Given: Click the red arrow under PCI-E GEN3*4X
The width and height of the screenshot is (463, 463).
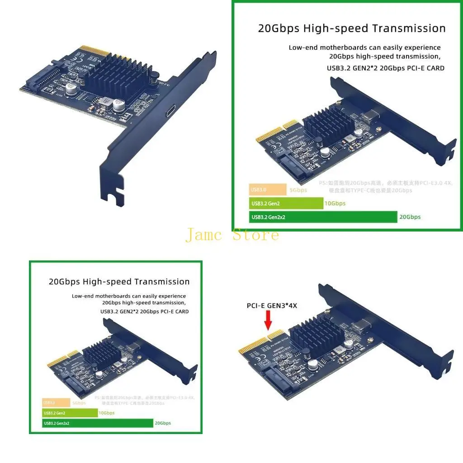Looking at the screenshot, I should coord(268,321).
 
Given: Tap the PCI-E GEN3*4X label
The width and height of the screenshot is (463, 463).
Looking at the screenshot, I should coord(272,306).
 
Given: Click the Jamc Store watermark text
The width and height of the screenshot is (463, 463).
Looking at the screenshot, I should coord(232,235).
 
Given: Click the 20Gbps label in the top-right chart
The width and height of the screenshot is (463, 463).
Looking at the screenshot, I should coord(410,217).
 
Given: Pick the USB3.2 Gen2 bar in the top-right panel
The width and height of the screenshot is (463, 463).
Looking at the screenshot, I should coord(286,203).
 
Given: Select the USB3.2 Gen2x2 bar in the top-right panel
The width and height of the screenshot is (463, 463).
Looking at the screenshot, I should coord(323,217).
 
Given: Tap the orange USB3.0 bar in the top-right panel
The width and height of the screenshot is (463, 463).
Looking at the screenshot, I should coord(267,190).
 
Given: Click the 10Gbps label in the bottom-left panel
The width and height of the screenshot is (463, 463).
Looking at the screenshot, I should coord(106,413).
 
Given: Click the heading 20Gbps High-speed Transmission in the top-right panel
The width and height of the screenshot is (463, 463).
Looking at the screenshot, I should coord(352,28).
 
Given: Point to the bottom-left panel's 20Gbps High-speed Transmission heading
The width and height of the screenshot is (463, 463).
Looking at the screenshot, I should coord(119,282).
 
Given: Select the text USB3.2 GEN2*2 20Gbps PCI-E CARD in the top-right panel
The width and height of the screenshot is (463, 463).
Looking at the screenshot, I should coord(386,68).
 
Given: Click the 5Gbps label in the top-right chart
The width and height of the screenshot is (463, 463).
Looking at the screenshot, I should coord(298,190).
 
